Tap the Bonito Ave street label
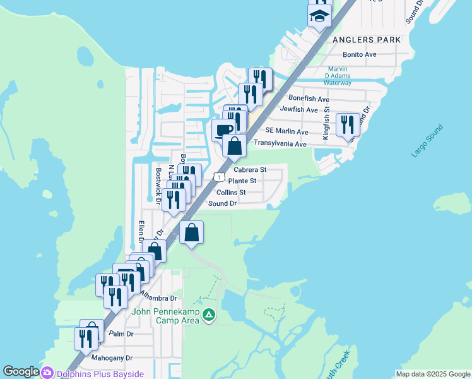pos(360,55)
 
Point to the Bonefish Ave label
pos(309,99)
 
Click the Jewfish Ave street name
pos(300,109)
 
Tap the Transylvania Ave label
pos(280,144)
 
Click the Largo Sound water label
pos(427,141)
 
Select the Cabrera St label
pos(250,170)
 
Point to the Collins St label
pos(230,193)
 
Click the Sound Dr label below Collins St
pos(222,203)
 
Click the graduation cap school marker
pos(319,15)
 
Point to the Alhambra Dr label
pos(158,296)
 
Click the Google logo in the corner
pos(21,372)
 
